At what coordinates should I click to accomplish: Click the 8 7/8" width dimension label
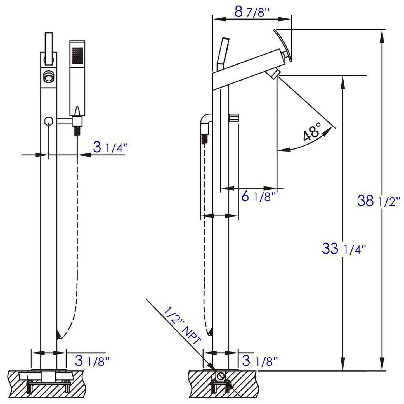[249, 13]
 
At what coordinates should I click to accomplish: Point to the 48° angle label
[311, 133]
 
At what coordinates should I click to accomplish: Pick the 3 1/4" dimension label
[110, 148]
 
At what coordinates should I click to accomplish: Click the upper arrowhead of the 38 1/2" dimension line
[382, 35]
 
